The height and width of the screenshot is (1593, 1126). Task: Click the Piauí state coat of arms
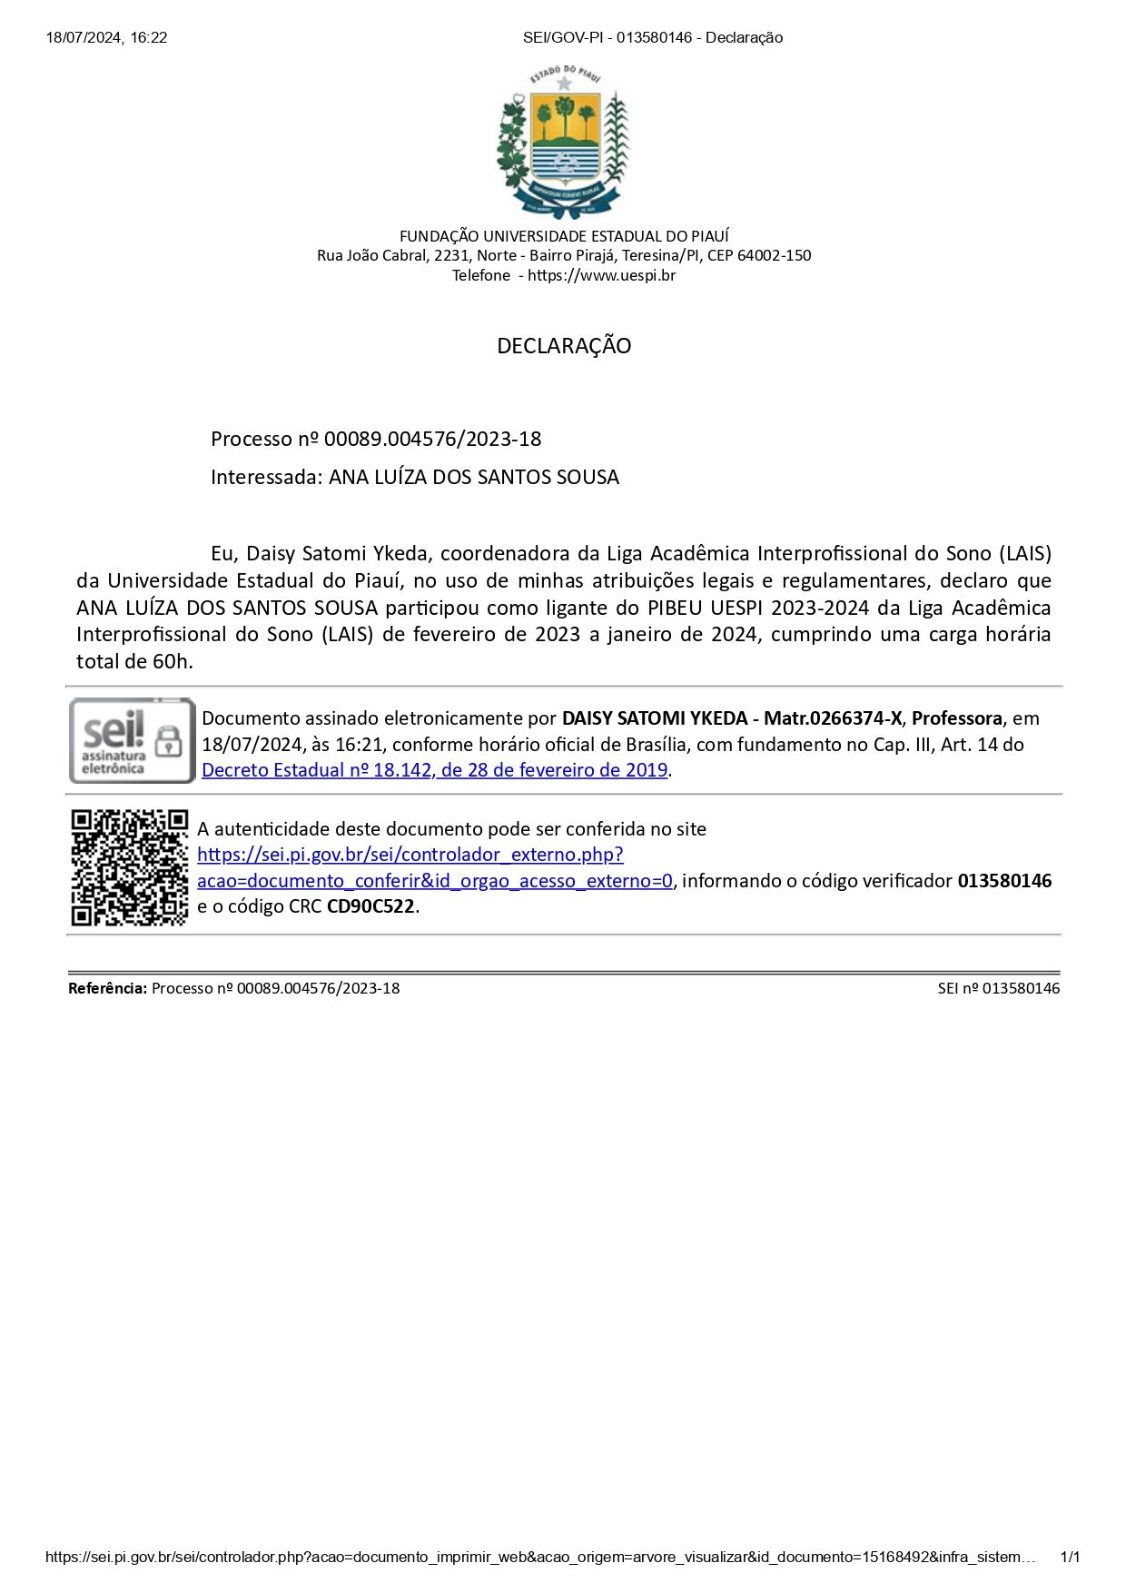pyautogui.click(x=563, y=142)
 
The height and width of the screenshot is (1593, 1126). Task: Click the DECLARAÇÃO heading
pyautogui.click(x=563, y=346)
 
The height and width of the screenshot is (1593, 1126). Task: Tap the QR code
pyautogui.click(x=130, y=867)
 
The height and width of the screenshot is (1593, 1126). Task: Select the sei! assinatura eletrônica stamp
pyautogui.click(x=133, y=741)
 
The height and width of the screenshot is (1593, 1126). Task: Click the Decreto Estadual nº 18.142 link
pyautogui.click(x=434, y=770)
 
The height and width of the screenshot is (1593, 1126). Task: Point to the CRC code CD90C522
pyautogui.click(x=370, y=906)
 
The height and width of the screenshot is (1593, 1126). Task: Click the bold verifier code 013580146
pyautogui.click(x=1004, y=881)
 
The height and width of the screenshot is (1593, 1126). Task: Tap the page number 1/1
pyautogui.click(x=1070, y=1558)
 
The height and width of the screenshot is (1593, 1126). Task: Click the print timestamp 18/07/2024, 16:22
pyautogui.click(x=106, y=37)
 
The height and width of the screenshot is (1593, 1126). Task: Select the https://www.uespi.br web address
pyautogui.click(x=601, y=275)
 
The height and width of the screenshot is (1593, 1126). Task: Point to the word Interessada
pyautogui.click(x=265, y=478)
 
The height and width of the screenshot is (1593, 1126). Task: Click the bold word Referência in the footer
pyautogui.click(x=107, y=988)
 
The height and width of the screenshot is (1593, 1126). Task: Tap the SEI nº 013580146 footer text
pyautogui.click(x=998, y=988)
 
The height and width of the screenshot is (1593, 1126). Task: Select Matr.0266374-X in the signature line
pyautogui.click(x=833, y=718)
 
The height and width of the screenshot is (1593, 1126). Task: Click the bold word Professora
pyautogui.click(x=956, y=718)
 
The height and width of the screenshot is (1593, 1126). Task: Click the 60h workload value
pyautogui.click(x=172, y=661)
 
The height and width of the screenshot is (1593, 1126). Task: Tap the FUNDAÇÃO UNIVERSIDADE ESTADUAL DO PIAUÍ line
pyautogui.click(x=563, y=236)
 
